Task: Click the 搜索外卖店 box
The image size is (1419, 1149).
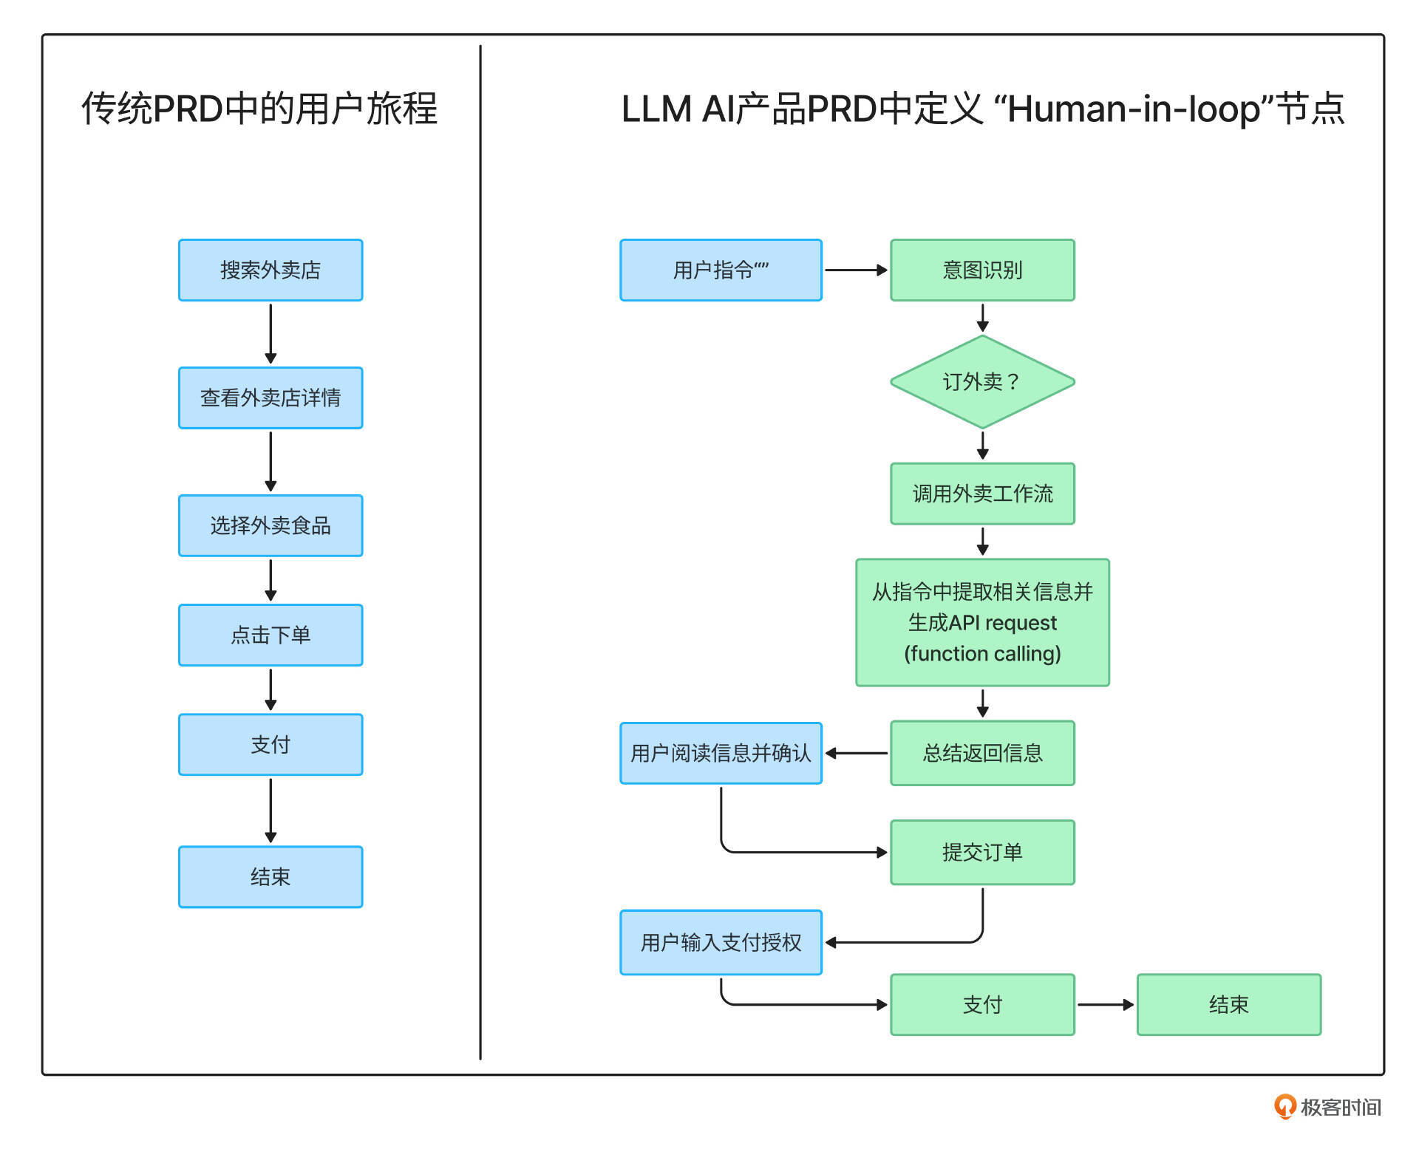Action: pyautogui.click(x=270, y=270)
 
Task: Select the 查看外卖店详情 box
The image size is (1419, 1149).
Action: pyautogui.click(x=270, y=398)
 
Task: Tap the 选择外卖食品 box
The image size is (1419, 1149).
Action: pyautogui.click(x=270, y=526)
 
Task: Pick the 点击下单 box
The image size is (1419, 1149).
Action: pyautogui.click(x=270, y=635)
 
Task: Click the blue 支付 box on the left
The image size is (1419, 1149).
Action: pyautogui.click(x=270, y=745)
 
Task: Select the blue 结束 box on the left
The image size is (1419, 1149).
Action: pyautogui.click(x=270, y=877)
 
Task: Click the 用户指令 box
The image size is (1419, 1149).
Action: pyautogui.click(x=721, y=270)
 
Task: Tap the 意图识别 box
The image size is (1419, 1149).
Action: pyautogui.click(x=982, y=270)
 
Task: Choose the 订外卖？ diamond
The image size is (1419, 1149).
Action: pyautogui.click(x=982, y=382)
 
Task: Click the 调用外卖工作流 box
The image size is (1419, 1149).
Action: pyautogui.click(x=982, y=494)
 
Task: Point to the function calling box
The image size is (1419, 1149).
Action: pyautogui.click(x=982, y=623)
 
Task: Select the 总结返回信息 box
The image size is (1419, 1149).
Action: pyautogui.click(x=982, y=753)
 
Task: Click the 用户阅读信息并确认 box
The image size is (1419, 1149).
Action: pyautogui.click(x=721, y=753)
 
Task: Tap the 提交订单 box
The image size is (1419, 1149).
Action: pyautogui.click(x=982, y=852)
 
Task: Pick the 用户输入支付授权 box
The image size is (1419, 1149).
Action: pyautogui.click(x=721, y=943)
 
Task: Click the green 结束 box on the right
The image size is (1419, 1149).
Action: pyautogui.click(x=1228, y=1005)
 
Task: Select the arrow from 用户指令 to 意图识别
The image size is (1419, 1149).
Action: pyautogui.click(x=856, y=270)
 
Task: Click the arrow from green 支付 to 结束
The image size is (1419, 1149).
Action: pyautogui.click(x=1106, y=1005)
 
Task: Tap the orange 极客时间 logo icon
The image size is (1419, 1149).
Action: pyautogui.click(x=1284, y=1106)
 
